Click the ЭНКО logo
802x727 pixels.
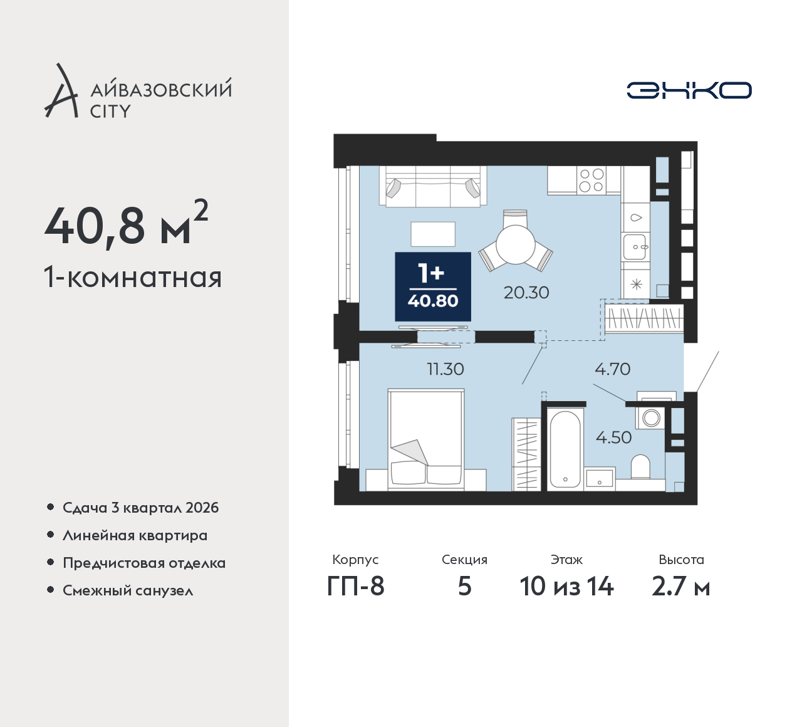[x=689, y=90]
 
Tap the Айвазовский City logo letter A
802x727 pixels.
[x=60, y=90]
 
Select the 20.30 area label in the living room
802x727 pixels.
[x=526, y=293]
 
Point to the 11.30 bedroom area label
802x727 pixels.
[x=445, y=369]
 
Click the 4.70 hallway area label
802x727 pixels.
[x=613, y=369]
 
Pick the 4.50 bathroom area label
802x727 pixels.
[x=613, y=437]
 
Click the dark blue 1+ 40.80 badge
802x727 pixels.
[x=433, y=286]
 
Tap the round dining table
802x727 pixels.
[x=516, y=244]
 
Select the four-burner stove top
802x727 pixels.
[x=591, y=180]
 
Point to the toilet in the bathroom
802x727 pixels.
[x=640, y=467]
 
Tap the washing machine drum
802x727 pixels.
[x=651, y=418]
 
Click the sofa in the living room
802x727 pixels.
[x=433, y=186]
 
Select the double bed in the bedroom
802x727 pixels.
[x=426, y=440]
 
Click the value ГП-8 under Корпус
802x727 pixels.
[x=355, y=587]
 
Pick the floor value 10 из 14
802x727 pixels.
[x=566, y=587]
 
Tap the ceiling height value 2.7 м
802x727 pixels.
[x=681, y=587]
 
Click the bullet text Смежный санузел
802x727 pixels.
[x=128, y=590]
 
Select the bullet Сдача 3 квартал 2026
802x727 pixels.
[x=141, y=508]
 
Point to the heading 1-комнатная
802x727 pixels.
[x=133, y=278]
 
